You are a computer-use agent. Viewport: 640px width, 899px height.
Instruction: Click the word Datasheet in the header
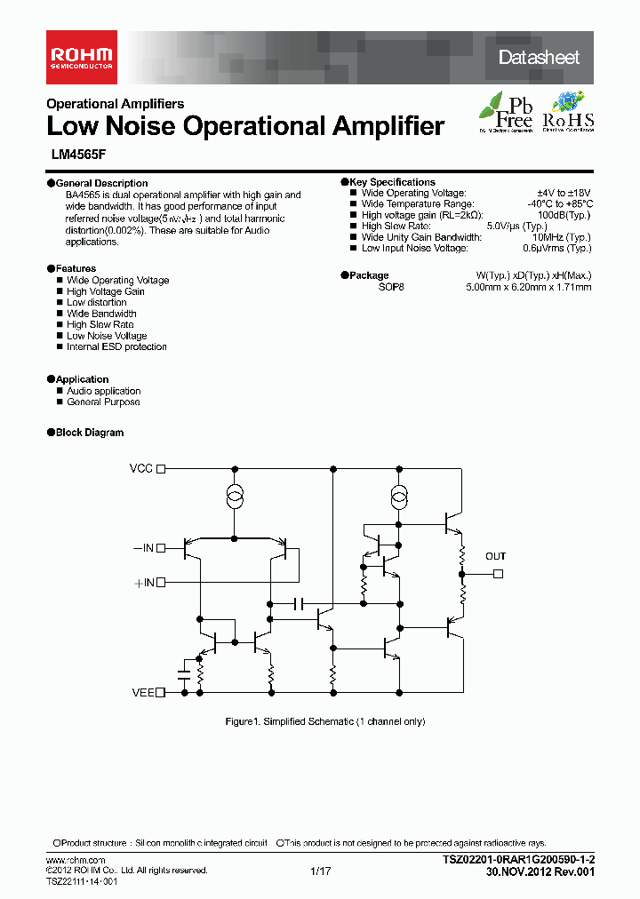539,58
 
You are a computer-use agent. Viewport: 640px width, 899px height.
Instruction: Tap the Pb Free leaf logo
507,112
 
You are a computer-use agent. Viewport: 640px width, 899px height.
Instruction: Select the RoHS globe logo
568,112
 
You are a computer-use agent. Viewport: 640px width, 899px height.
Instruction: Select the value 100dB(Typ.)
564,215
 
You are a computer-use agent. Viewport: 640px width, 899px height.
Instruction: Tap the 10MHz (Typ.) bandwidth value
562,237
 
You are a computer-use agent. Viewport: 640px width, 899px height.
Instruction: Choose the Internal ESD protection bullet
116,347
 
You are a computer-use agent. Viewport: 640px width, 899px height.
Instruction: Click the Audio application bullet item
103,391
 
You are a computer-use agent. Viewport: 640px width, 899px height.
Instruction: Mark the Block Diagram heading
90,433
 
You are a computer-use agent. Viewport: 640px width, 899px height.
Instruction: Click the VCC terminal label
141,468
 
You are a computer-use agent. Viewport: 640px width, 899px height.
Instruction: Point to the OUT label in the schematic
495,557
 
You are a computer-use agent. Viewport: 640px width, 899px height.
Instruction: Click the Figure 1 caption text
325,721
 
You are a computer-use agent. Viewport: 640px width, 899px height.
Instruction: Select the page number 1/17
320,872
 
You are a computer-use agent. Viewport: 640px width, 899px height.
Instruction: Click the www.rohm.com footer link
76,862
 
